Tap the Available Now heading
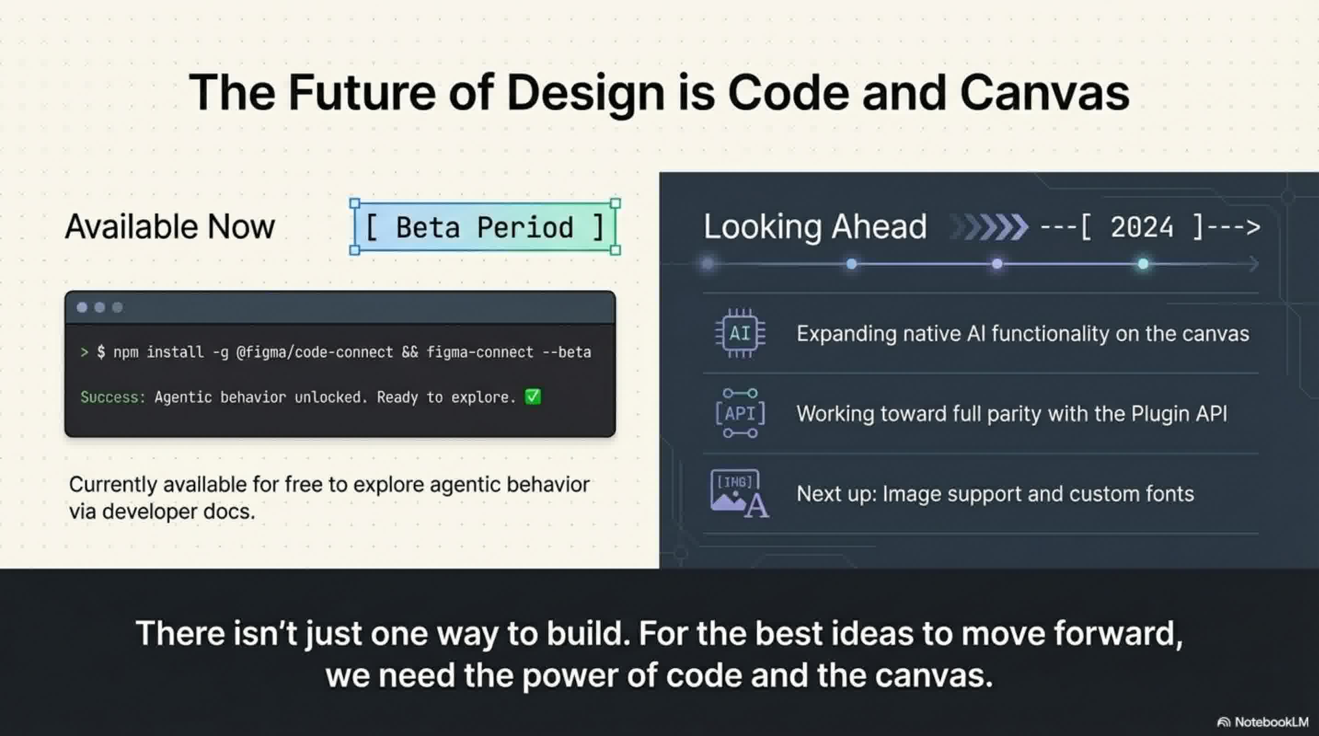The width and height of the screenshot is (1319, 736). (170, 226)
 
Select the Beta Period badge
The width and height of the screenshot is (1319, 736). (484, 227)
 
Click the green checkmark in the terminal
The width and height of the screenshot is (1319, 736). (532, 397)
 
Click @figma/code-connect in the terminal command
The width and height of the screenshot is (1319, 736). (314, 352)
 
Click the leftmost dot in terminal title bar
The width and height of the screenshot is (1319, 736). (82, 307)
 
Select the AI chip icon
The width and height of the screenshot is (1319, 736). (740, 333)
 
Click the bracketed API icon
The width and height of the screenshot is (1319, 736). (740, 413)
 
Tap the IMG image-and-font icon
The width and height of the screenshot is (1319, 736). (739, 494)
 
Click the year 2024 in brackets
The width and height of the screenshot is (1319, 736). (1141, 227)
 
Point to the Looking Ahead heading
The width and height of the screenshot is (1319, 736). (815, 226)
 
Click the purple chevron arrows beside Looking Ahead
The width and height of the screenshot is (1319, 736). (991, 227)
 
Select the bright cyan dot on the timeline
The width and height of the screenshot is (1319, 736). (1143, 264)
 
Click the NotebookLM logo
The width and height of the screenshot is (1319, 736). (1263, 722)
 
